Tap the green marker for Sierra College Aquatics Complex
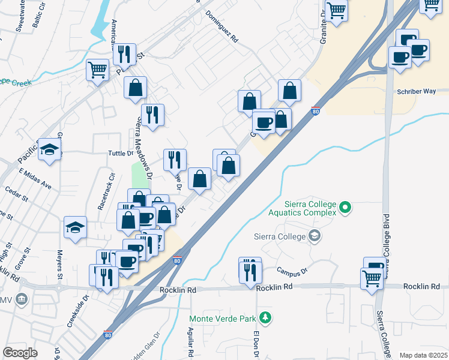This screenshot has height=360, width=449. [345, 208]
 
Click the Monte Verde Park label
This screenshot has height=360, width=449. [223, 318]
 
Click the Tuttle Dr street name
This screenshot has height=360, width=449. [119, 154]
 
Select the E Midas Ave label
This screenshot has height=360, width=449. [34, 178]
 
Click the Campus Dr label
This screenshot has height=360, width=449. [292, 271]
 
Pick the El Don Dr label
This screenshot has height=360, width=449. [255, 344]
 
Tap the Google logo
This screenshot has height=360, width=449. [20, 353]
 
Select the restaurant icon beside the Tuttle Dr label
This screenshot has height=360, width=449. [175, 159]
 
